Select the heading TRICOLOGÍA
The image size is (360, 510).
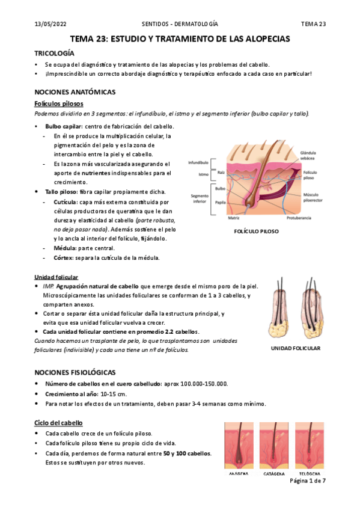(55, 53)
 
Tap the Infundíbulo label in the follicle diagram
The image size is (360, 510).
(198, 163)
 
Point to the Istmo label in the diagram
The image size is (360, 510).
(204, 175)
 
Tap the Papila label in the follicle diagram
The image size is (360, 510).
(221, 204)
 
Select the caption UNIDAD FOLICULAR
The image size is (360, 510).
(295, 348)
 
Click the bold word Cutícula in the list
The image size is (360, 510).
(65, 202)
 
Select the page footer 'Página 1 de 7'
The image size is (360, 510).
(307, 482)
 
